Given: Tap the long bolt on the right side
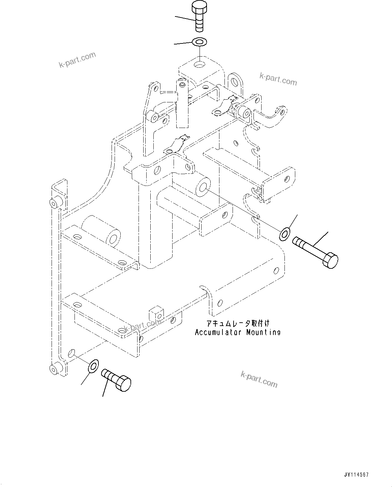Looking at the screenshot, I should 315,252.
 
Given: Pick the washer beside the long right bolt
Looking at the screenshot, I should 285,234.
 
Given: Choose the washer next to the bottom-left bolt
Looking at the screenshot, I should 93,366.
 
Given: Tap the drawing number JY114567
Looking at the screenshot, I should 356,475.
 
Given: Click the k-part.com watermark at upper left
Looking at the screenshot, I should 78,60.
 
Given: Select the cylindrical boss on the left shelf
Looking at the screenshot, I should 100,231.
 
